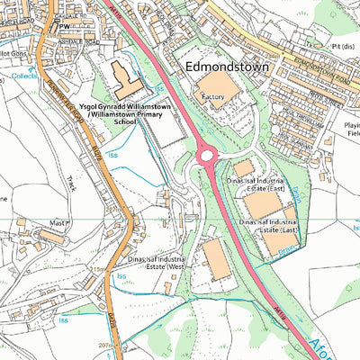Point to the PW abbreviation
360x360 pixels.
point(64,27)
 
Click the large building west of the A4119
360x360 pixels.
point(216,260)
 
